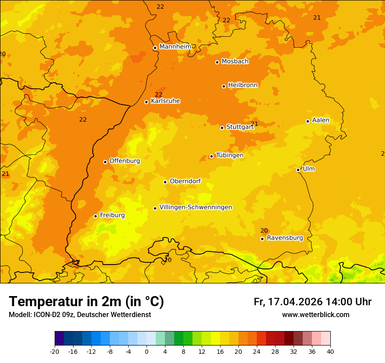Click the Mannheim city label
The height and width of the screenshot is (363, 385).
tap(175, 47)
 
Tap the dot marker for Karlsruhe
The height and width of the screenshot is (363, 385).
tap(147, 102)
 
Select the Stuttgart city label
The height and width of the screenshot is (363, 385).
tap(240, 127)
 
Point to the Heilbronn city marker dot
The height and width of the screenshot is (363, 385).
tap(224, 86)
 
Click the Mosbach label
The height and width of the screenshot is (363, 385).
tap(235, 62)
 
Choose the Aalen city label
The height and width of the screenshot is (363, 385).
tap(321, 120)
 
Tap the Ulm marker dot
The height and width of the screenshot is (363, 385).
tap(298, 170)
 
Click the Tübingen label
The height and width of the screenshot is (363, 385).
tap(230, 155)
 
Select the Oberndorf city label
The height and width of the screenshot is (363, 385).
tap(185, 181)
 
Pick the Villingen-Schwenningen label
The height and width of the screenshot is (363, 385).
tap(196, 207)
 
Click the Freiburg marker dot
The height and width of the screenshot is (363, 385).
tap(96, 216)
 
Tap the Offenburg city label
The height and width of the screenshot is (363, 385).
tap(125, 161)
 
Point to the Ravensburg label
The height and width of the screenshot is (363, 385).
tap(285, 238)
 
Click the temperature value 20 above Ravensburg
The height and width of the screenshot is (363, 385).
tap(264, 230)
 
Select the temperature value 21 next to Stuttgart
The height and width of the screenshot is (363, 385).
tap(255, 124)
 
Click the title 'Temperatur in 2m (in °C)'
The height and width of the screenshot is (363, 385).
tap(86, 302)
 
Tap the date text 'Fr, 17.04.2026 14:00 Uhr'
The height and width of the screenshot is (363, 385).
tap(312, 302)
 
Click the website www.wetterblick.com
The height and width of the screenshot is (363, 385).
tap(315, 315)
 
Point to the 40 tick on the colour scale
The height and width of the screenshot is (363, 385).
tap(330, 351)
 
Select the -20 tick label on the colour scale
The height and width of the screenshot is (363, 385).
tap(55, 351)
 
